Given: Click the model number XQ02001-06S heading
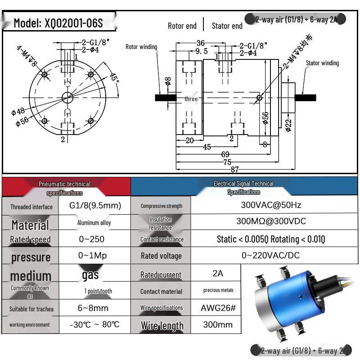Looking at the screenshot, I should (58, 23).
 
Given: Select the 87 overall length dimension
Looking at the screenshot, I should (235, 170).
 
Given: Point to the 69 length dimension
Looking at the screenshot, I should (225, 154).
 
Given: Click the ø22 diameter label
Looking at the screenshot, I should (288, 125).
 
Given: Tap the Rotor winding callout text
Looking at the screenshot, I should (141, 47).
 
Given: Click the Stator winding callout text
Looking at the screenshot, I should (322, 63).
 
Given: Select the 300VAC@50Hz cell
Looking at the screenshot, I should (268, 205).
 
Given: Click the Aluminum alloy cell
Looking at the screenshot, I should (94, 223).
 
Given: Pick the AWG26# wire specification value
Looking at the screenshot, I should (218, 308).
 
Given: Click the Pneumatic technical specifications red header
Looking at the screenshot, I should (65, 188).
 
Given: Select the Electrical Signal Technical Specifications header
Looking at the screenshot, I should (243, 188).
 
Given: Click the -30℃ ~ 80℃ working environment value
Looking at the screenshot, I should (94, 325).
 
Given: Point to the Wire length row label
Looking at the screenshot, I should (162, 325).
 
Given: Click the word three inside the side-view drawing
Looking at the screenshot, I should (191, 99).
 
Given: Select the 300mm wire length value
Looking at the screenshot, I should (218, 325).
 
